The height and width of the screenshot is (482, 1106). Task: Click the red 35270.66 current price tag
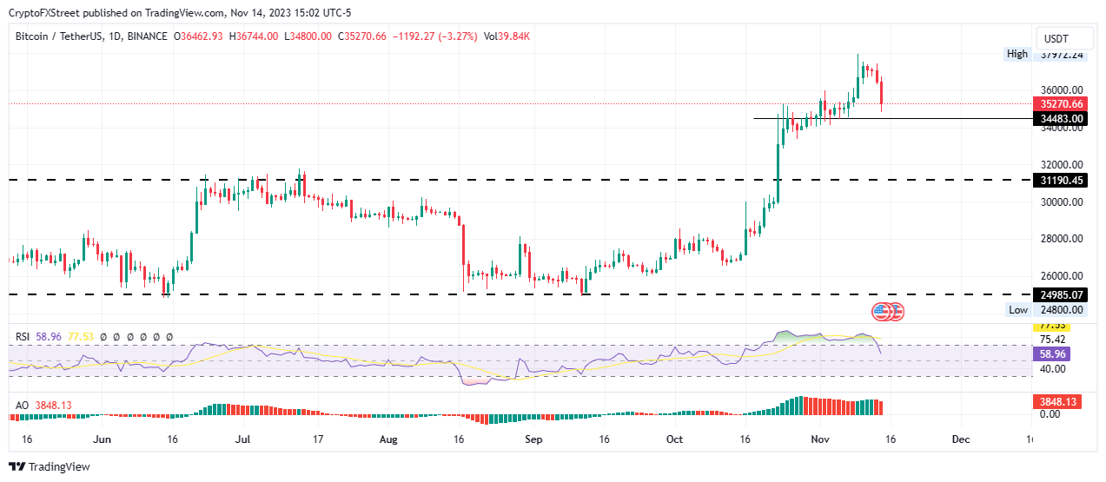pyautogui.click(x=1063, y=103)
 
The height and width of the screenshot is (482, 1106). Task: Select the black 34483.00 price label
pyautogui.click(x=1063, y=118)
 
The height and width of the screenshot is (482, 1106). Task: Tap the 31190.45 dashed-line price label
pyautogui.click(x=1063, y=181)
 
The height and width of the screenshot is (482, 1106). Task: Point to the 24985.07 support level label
pyautogui.click(x=1063, y=294)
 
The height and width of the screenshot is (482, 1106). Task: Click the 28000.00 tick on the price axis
pyautogui.click(x=1062, y=239)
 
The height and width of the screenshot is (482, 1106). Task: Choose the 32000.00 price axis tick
pyautogui.click(x=1062, y=164)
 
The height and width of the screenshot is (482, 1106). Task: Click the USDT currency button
pyautogui.click(x=1056, y=39)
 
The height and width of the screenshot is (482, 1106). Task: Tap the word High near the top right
pyautogui.click(x=1017, y=54)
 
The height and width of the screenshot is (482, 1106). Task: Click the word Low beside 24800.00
pyautogui.click(x=1018, y=310)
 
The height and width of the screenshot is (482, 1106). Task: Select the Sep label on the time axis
pyautogui.click(x=533, y=440)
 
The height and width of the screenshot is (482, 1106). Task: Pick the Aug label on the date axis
pyautogui.click(x=388, y=440)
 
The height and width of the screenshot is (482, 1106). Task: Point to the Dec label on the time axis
pyautogui.click(x=960, y=440)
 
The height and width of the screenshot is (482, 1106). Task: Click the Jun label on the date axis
pyautogui.click(x=103, y=440)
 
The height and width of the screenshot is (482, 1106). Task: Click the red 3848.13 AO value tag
pyautogui.click(x=1062, y=402)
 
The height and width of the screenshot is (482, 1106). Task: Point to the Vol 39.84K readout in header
pyautogui.click(x=507, y=36)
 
